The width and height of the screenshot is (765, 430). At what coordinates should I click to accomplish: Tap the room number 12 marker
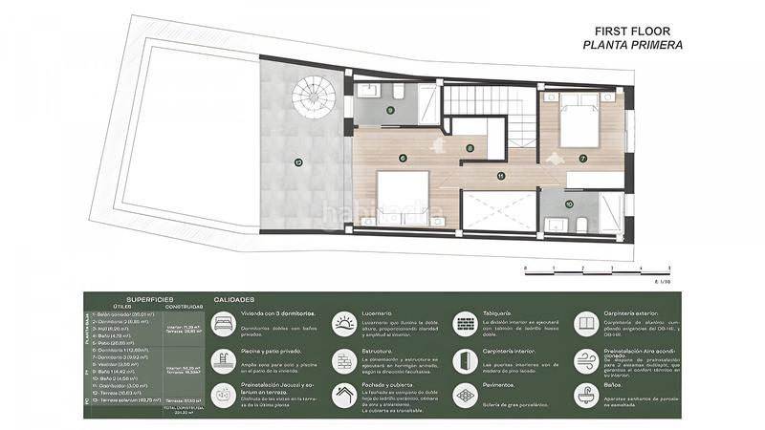tap(298, 162)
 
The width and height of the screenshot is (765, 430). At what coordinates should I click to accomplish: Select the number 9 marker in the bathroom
tap(390, 110)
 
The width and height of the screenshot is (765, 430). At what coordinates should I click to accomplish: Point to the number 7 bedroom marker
tap(582, 158)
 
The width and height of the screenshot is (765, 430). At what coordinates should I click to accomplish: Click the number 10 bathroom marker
tap(568, 203)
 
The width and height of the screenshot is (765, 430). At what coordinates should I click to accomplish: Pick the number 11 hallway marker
tap(501, 176)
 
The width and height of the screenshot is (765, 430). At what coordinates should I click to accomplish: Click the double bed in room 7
tap(579, 114)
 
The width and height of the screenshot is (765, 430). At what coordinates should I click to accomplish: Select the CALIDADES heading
tap(233, 298)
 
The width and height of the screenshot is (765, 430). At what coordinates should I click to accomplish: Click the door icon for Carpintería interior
tap(465, 358)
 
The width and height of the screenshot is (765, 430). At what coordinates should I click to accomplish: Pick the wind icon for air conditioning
tap(584, 358)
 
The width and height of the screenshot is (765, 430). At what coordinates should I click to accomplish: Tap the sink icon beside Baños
tap(584, 393)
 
